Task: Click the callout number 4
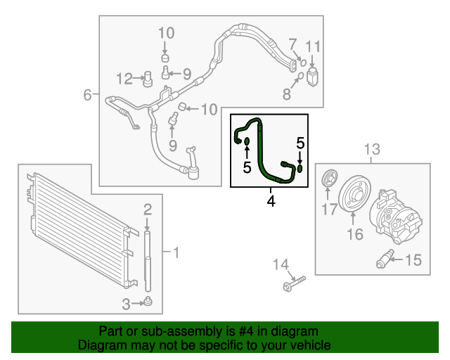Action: [x=271, y=202]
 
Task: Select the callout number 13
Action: [x=371, y=149]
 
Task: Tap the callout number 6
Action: [x=87, y=94]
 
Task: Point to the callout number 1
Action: [x=176, y=252]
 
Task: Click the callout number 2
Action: [x=148, y=208]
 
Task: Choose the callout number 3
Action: [x=126, y=304]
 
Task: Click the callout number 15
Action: [x=412, y=260]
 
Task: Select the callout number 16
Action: [x=356, y=234]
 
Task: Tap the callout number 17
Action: [x=329, y=209]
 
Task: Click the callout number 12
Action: [x=124, y=77]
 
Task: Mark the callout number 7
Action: [x=292, y=44]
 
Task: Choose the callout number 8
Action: [x=287, y=94]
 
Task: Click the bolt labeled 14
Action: [x=294, y=283]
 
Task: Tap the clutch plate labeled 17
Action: [x=327, y=181]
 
